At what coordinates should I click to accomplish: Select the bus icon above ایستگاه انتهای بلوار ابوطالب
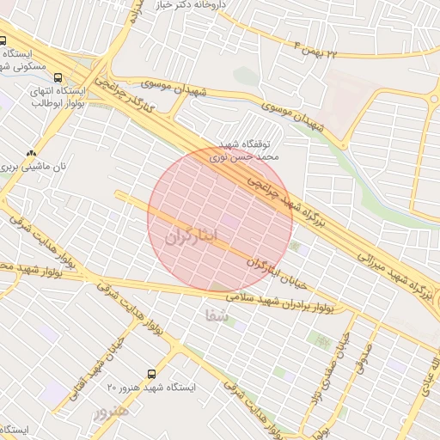point(58,76)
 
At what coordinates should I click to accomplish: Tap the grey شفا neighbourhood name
point(217,315)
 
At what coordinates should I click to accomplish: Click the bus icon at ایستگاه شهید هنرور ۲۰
point(151,374)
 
